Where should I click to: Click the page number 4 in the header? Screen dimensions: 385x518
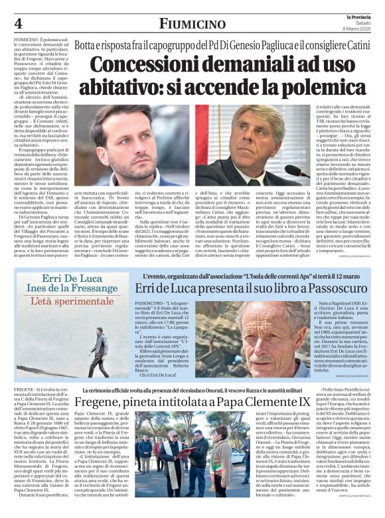[18, 23]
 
